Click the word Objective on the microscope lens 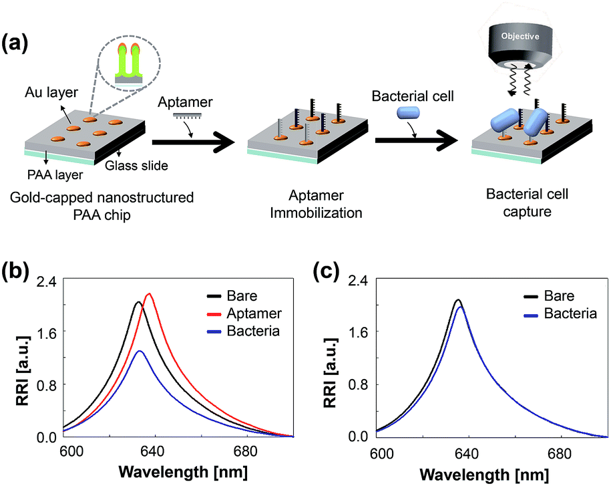[520, 36]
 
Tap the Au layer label [51, 92]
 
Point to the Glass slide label [136, 166]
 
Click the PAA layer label [55, 174]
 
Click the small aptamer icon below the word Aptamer [187, 116]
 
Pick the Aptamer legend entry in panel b [244, 314]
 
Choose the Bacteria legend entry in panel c [560, 314]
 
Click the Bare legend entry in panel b [232, 296]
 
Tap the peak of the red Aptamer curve [149, 293]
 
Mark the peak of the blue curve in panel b [140, 351]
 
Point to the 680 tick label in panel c [560, 454]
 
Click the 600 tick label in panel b [71, 451]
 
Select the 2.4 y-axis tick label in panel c [358, 281]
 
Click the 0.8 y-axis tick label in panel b [46, 385]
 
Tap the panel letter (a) [15, 43]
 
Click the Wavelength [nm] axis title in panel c [484, 475]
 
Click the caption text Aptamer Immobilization [316, 204]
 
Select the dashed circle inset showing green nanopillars [129, 62]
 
